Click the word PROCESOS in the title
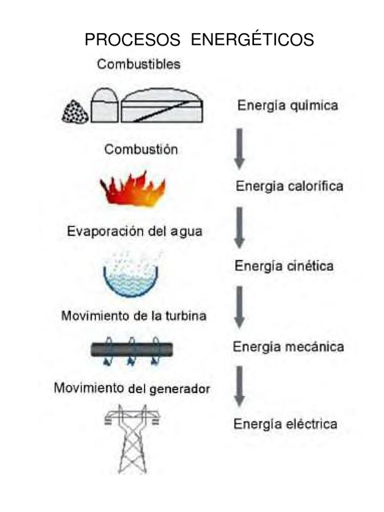click(132, 39)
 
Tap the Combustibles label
click(138, 64)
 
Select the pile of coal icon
click(75, 111)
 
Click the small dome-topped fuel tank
click(104, 105)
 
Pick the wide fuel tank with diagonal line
click(162, 105)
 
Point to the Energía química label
click(287, 105)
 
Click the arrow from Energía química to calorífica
click(239, 149)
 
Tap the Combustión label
click(141, 149)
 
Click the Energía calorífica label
click(289, 186)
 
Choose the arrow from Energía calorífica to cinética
click(239, 227)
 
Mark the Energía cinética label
click(284, 266)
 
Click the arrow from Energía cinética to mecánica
click(239, 307)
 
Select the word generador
click(179, 389)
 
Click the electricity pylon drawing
click(132, 439)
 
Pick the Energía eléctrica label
click(285, 424)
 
